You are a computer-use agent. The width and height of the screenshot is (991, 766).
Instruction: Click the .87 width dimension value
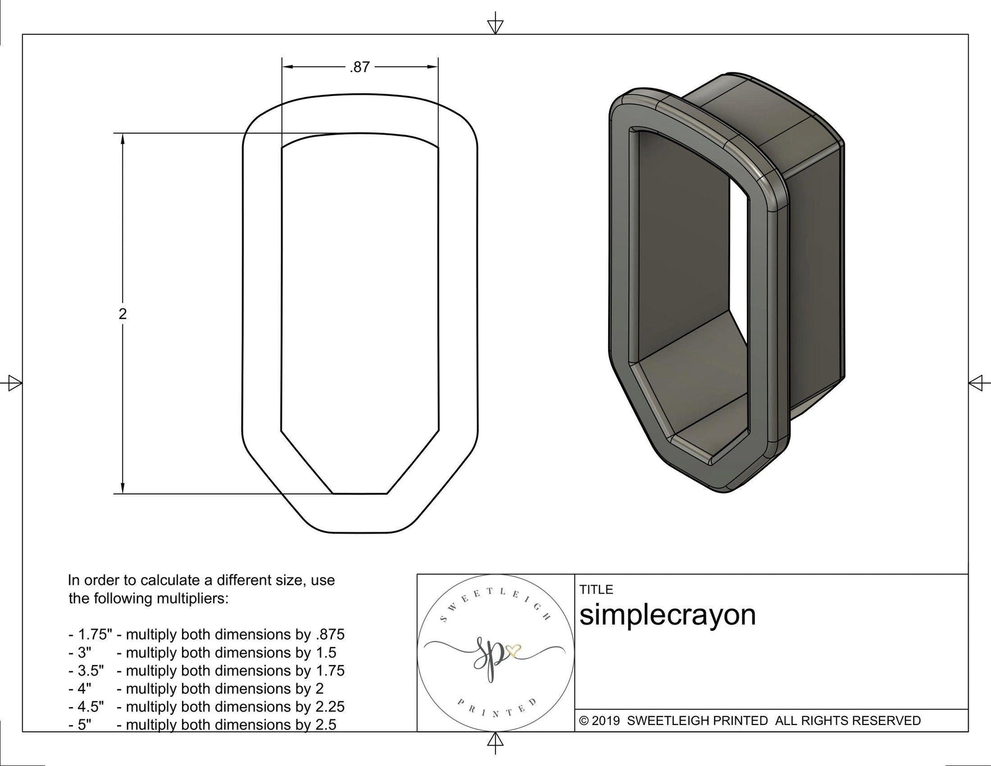point(359,68)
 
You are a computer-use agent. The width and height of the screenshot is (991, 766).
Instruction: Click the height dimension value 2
point(123,314)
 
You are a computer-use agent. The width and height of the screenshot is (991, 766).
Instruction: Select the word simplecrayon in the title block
point(667,615)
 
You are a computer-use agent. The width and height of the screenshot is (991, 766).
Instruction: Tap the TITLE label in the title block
point(596,589)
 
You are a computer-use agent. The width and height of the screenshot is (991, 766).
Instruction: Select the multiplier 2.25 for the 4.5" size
point(328,707)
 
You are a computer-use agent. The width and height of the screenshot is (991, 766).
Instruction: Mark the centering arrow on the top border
point(495,26)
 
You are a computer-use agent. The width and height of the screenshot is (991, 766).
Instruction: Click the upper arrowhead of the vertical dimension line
point(123,140)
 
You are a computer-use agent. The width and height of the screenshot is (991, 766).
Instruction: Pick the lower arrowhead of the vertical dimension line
point(123,487)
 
